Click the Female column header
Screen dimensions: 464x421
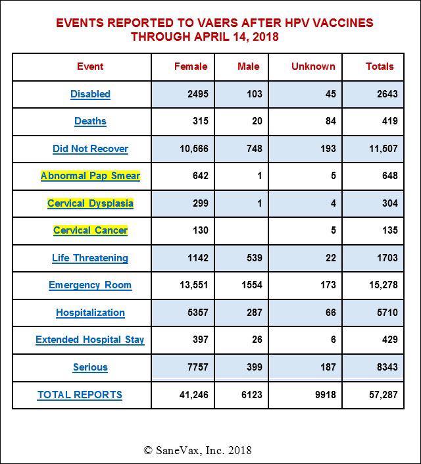tap(190, 66)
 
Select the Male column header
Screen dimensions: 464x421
tap(248, 66)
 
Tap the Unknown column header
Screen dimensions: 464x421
tap(312, 66)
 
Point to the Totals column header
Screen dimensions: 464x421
tap(380, 66)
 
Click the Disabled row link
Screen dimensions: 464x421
tap(90, 94)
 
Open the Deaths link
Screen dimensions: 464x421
tap(90, 121)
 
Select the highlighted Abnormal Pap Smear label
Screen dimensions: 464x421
tap(90, 176)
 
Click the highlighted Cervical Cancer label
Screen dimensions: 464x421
tap(90, 230)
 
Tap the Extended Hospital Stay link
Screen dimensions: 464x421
tap(90, 340)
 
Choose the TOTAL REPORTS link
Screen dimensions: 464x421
tap(80, 395)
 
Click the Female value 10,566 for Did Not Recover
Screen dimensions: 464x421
tap(193, 149)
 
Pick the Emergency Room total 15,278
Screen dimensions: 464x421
tap(383, 285)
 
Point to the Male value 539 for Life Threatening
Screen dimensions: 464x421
tap(253, 258)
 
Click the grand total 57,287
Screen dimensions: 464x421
tap(383, 395)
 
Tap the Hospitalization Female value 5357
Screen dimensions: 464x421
tap(197, 313)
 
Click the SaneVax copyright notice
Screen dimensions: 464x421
tap(197, 450)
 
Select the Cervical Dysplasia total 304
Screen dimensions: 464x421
tap(389, 203)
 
